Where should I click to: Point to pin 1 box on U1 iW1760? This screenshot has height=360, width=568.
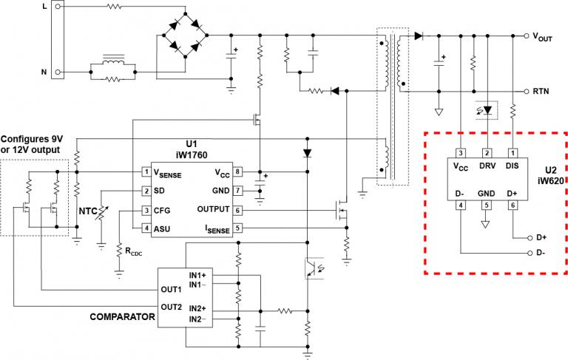tap(146, 172)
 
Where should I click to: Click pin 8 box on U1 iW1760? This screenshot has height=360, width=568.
tap(237, 172)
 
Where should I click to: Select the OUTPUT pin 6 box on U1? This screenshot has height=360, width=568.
tap(237, 210)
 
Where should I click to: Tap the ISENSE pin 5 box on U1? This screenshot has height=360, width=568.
tap(237, 229)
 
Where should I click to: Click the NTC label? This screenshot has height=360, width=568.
tap(89, 211)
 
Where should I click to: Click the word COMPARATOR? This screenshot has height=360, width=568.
tap(123, 316)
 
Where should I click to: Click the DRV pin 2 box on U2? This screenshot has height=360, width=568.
tap(487, 153)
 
